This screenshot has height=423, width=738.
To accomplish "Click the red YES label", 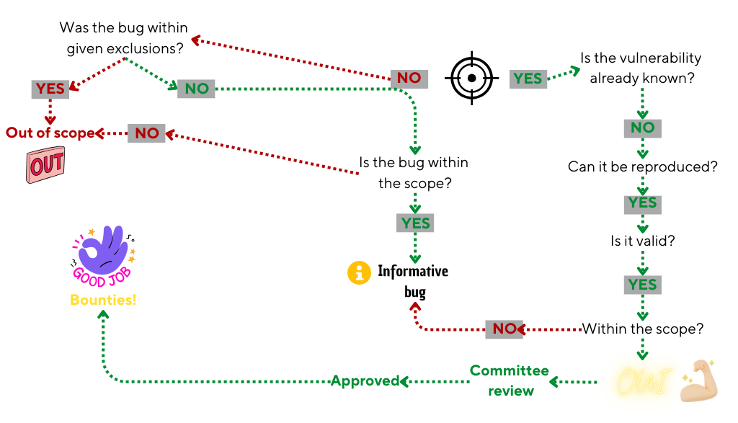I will pyautogui.click(x=50, y=89).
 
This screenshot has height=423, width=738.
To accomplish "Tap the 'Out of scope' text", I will pyautogui.click(x=50, y=133).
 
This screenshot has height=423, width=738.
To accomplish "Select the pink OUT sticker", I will pyautogui.click(x=46, y=165).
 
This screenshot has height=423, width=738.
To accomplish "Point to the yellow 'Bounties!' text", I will pyautogui.click(x=103, y=300).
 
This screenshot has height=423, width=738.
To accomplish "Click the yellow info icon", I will pyautogui.click(x=359, y=273).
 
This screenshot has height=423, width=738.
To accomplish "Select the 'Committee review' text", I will pyautogui.click(x=510, y=380).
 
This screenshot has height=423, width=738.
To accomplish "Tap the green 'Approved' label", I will pyautogui.click(x=365, y=380).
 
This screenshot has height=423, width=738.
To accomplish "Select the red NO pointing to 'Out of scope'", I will pyautogui.click(x=147, y=133).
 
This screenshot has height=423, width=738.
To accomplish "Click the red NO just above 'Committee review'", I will pyautogui.click(x=504, y=329).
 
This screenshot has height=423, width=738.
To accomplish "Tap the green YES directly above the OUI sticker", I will pyautogui.click(x=642, y=285).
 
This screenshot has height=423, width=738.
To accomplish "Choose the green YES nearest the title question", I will pyautogui.click(x=528, y=79).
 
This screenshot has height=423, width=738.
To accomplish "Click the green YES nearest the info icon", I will pyautogui.click(x=415, y=223).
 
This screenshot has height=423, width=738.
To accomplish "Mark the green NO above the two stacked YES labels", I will pyautogui.click(x=642, y=128).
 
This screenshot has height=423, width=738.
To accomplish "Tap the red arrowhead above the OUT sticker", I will pyautogui.click(x=50, y=121).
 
